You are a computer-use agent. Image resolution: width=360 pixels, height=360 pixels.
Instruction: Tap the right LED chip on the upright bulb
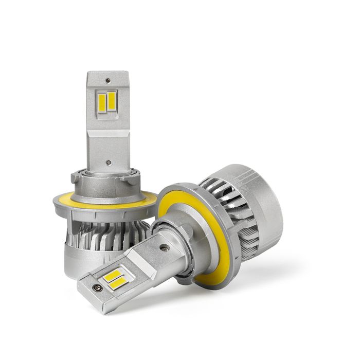(x=111, y=100)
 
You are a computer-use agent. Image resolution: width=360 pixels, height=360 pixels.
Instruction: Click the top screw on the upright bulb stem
(x=107, y=81)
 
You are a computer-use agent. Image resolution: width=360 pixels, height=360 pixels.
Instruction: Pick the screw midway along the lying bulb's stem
(x=164, y=247)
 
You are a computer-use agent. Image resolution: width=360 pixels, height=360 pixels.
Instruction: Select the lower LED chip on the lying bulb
(x=119, y=282)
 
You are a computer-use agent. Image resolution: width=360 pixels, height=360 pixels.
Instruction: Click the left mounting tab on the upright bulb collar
(x=76, y=178)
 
